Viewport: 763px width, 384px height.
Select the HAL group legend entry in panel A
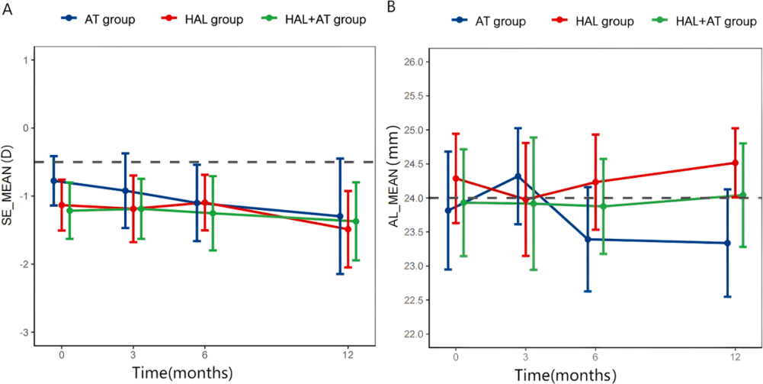(204, 19)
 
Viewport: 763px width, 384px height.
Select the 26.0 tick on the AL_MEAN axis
(414, 62)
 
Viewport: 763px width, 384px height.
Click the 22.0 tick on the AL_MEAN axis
(414, 334)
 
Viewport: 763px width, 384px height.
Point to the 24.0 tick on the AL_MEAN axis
(414, 198)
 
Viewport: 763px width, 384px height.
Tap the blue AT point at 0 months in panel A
(53, 181)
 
